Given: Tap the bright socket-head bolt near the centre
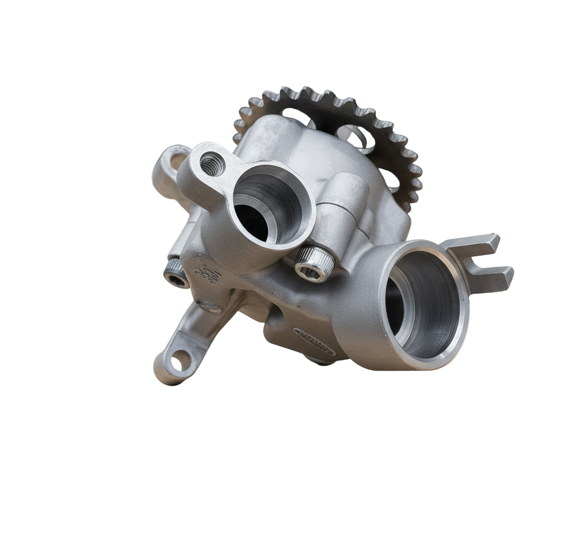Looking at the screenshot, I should point(314,263).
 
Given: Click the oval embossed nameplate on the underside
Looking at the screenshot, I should point(315,342).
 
